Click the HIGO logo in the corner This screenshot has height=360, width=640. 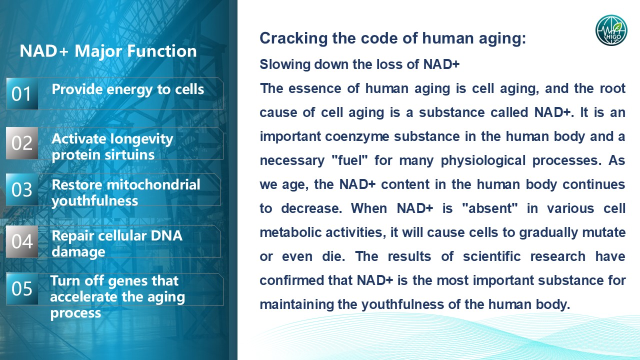click(611, 30)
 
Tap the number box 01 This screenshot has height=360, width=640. click(22, 93)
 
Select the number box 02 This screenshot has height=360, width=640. click(22, 143)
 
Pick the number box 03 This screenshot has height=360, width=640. click(22, 189)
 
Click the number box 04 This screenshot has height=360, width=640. click(22, 241)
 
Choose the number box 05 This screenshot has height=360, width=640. click(22, 288)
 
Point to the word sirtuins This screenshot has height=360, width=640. click(129, 155)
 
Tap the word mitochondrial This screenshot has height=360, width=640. click(153, 184)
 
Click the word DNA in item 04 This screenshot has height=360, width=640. click(166, 236)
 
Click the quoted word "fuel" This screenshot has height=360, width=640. click(349, 160)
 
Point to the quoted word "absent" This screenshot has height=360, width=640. click(490, 208)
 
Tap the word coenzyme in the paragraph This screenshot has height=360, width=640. click(357, 137)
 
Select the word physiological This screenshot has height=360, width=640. click(483, 161)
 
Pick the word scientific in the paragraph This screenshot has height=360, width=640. click(491, 256)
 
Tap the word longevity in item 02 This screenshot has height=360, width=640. click(142, 139)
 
